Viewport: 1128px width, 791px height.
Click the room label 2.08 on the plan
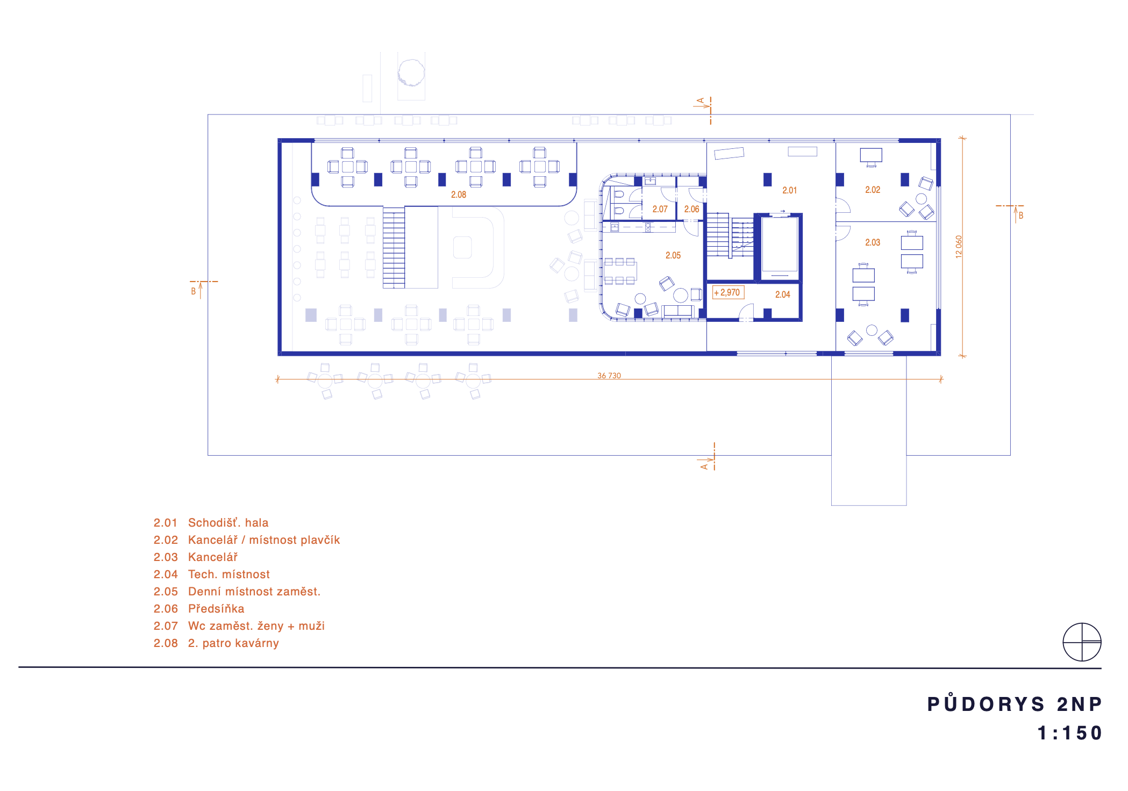click(x=459, y=195)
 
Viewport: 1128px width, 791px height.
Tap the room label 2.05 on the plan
click(x=673, y=255)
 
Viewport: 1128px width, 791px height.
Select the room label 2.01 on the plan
click(x=789, y=190)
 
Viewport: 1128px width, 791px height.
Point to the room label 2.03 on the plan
click(x=873, y=242)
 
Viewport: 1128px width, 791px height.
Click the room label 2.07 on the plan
click(x=660, y=209)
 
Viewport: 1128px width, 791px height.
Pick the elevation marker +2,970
click(x=728, y=292)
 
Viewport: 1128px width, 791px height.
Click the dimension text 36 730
click(x=609, y=376)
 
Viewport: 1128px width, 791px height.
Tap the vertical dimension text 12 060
click(x=959, y=247)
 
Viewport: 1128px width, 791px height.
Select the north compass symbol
click(x=1082, y=642)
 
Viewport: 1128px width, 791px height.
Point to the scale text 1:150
click(x=1070, y=733)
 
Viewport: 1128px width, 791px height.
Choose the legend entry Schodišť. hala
click(x=228, y=522)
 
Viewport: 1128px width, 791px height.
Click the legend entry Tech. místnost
click(x=229, y=574)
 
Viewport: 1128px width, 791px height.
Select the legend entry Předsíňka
click(x=216, y=608)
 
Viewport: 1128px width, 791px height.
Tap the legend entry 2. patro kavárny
click(x=233, y=643)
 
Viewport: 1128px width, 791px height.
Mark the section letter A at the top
click(x=701, y=100)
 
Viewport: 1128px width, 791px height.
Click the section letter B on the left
click(x=194, y=291)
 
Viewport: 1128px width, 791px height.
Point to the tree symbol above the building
click(x=411, y=73)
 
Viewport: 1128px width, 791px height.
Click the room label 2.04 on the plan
click(x=783, y=294)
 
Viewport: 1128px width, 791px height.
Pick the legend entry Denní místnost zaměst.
click(x=254, y=591)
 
